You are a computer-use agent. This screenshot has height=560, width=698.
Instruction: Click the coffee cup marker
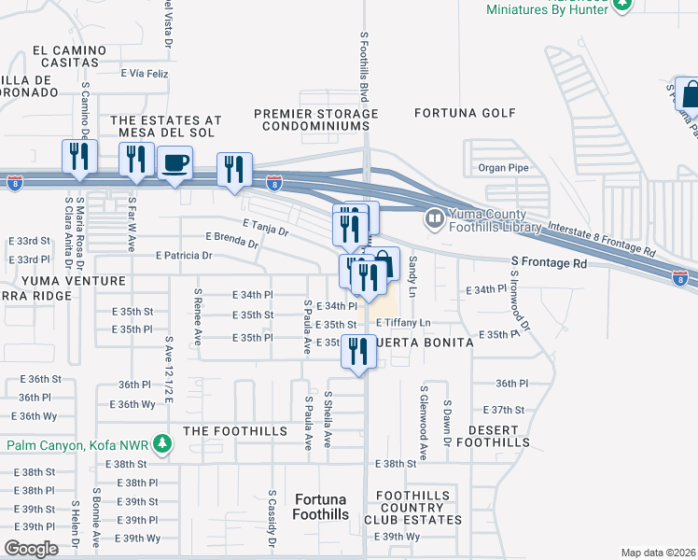click(174, 165)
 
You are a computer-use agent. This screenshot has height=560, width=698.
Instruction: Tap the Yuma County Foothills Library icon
click(434, 220)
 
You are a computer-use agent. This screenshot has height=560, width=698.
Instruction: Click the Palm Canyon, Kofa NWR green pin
click(163, 441)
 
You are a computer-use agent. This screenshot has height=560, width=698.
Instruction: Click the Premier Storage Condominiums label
click(317, 119)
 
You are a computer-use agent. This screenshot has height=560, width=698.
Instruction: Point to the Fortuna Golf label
click(465, 113)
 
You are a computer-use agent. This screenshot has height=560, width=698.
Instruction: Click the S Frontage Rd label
click(549, 263)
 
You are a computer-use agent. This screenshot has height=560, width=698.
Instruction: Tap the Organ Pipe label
click(503, 168)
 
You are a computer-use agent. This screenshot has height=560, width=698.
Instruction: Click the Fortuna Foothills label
click(320, 508)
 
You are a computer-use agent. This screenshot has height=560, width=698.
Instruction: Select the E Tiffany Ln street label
click(403, 323)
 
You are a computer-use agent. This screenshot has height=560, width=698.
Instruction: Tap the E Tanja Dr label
click(266, 227)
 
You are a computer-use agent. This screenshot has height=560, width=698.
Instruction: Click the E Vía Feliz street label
click(145, 73)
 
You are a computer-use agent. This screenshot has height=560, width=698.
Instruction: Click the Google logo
click(31, 549)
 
